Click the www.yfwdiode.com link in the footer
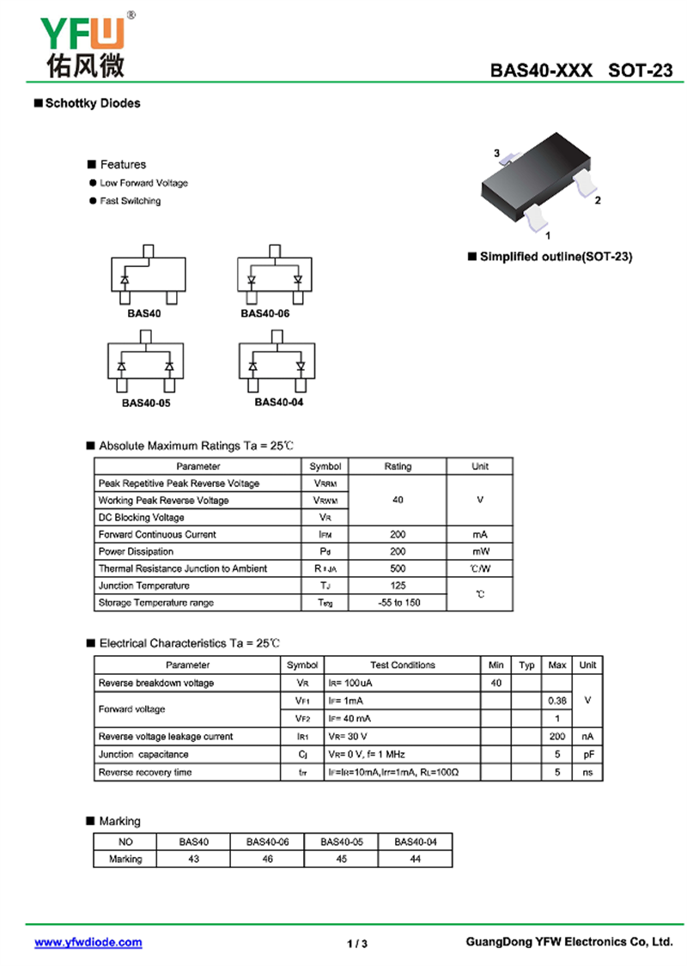point(88,942)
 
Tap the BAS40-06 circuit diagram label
point(264,313)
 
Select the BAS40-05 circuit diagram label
point(144,402)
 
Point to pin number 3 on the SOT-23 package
point(496,153)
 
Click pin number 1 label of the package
point(548,234)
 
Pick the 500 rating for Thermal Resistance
point(398,568)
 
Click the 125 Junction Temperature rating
point(398,586)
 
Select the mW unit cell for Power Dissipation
point(480,551)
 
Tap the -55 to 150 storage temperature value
point(398,603)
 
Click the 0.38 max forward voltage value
point(556,701)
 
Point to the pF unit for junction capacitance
point(588,754)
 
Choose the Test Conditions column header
point(403,665)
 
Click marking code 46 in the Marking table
point(268,859)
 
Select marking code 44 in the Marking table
point(416,859)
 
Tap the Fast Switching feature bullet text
point(130,201)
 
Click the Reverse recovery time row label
point(145,772)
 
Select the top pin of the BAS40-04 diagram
point(276,336)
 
